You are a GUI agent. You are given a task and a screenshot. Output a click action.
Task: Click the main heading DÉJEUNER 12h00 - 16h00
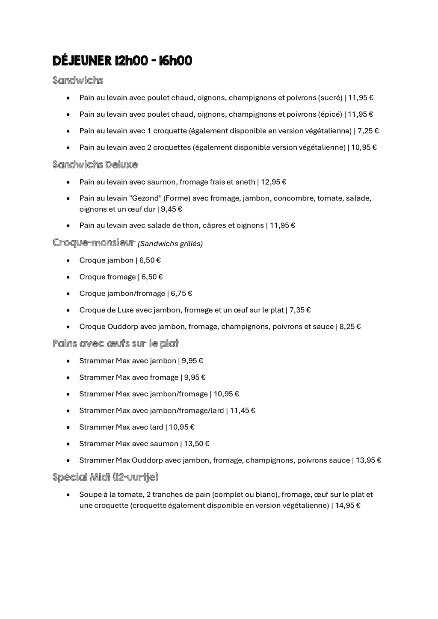122,61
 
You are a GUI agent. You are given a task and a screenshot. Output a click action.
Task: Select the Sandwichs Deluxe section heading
95,165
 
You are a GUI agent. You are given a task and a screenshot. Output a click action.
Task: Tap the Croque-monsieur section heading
94,243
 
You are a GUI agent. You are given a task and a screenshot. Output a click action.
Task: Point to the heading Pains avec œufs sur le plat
115,344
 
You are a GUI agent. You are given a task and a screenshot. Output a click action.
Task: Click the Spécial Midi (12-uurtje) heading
105,477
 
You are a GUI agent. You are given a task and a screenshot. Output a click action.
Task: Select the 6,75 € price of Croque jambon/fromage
181,294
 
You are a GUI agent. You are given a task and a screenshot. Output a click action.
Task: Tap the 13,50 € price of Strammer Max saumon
197,444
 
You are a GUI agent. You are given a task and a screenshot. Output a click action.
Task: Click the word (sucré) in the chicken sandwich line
330,98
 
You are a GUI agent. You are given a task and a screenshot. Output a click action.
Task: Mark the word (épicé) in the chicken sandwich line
330,115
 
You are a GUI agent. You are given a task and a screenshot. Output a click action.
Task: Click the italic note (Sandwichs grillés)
170,244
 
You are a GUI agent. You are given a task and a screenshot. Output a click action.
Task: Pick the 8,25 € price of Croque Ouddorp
350,327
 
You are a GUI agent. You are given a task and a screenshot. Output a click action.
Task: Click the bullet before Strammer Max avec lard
68,427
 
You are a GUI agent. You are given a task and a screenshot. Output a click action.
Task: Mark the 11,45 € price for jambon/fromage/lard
243,411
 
